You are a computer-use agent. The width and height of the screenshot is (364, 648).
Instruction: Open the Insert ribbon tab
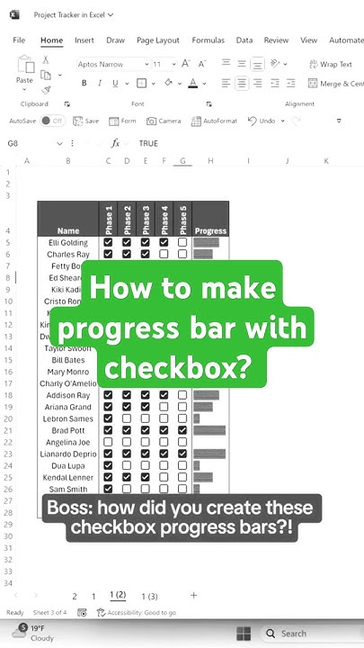click(x=84, y=40)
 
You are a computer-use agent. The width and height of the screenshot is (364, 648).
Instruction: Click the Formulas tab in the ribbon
click(x=208, y=40)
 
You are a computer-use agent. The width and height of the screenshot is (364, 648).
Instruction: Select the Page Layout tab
click(x=157, y=40)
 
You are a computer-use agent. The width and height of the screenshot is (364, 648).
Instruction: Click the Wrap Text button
click(x=330, y=65)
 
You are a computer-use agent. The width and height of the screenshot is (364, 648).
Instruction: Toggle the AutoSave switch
click(x=53, y=121)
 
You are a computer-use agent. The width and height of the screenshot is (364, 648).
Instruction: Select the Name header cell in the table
click(x=68, y=231)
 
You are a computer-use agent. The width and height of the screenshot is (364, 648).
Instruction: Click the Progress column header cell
click(x=210, y=231)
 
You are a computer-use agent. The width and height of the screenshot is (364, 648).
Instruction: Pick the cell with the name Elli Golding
click(x=68, y=242)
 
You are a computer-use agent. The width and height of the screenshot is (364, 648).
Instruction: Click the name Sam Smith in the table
click(x=68, y=489)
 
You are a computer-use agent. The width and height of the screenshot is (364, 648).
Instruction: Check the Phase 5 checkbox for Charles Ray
click(x=182, y=255)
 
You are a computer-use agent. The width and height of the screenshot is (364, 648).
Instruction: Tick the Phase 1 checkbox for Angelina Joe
click(x=108, y=442)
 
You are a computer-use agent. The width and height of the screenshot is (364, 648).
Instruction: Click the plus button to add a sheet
click(x=193, y=595)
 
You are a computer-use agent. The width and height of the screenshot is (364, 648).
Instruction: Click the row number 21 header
click(x=7, y=430)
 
